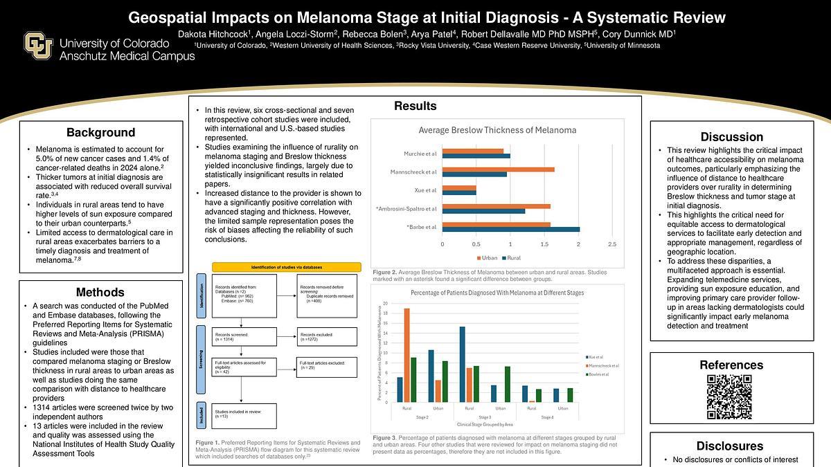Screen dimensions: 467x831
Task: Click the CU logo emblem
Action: [x=39, y=46]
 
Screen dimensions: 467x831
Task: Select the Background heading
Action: [x=100, y=133]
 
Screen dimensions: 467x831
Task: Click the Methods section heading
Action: [x=100, y=292]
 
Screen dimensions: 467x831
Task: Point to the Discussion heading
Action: [x=731, y=137]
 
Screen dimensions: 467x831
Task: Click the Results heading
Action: [x=415, y=106]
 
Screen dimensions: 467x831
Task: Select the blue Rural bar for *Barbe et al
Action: [x=511, y=229]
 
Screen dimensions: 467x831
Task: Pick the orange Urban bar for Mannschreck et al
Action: [x=499, y=168]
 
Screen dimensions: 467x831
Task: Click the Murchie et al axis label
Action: [x=420, y=153]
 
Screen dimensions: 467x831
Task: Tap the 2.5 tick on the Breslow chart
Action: [x=611, y=244]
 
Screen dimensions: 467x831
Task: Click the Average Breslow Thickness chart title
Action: [x=497, y=130]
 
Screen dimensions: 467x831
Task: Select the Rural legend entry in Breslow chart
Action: [x=512, y=258]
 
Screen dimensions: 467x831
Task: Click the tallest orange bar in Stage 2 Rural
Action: [x=406, y=355]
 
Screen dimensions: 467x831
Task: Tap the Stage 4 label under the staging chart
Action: [x=547, y=418]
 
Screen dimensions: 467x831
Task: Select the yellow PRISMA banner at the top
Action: [x=286, y=267]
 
